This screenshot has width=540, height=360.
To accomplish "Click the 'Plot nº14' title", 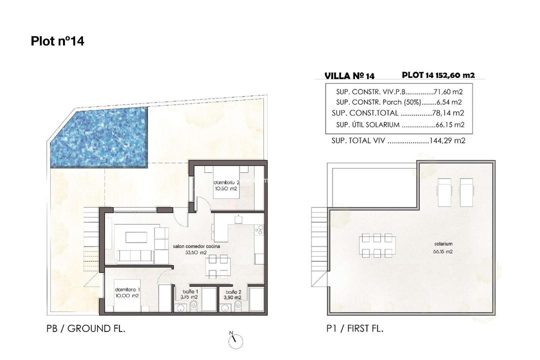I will tap(57, 41).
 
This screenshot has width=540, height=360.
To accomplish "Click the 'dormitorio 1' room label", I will tap(127, 290).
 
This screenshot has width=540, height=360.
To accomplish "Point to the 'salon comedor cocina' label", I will tap(196, 246).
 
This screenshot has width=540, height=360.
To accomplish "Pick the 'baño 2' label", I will tap(233, 291).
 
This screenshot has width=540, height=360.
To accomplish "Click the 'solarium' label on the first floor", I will tap(443, 243).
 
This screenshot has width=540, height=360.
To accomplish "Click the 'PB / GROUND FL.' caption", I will tap(85, 328).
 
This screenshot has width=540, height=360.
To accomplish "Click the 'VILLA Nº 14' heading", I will tap(349, 76).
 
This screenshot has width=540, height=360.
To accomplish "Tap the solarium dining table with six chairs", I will tap(377, 245).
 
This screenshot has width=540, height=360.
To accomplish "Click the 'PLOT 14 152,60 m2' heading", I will tap(438, 75).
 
